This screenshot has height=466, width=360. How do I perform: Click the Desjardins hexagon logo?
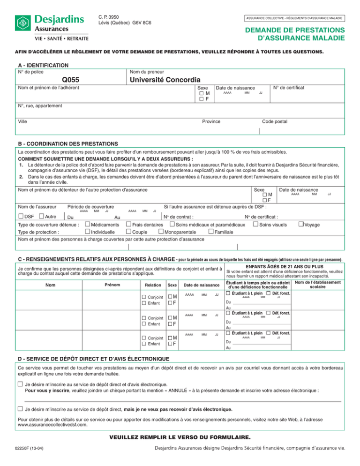(22, 22)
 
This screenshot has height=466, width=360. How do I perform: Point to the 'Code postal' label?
(275, 121)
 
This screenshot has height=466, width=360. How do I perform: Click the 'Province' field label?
(211, 121)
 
